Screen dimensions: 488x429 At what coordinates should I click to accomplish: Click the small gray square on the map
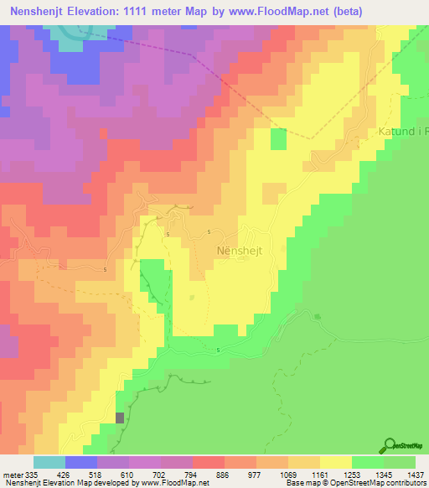pyautogui.click(x=119, y=418)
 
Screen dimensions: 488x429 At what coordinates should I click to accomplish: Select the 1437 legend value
pyautogui.click(x=405, y=475)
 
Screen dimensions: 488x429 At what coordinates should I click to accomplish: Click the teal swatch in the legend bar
pyautogui.click(x=49, y=463)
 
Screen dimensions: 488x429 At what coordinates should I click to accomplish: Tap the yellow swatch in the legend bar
pyautogui.click(x=336, y=463)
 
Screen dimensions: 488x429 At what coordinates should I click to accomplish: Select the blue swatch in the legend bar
pyautogui.click(x=81, y=463)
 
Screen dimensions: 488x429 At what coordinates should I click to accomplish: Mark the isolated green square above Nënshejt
pyautogui.click(x=278, y=139)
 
